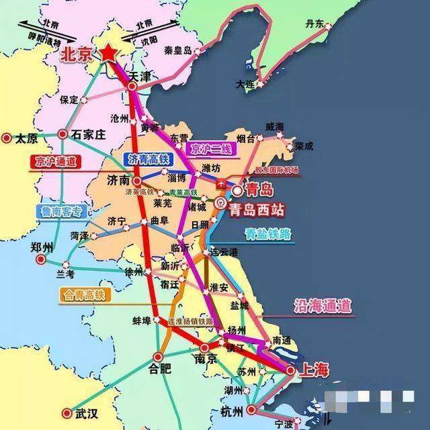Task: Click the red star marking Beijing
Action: (x=110, y=54)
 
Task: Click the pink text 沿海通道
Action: (x=322, y=306)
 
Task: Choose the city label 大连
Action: (x=246, y=85)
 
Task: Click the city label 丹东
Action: (x=314, y=24)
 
